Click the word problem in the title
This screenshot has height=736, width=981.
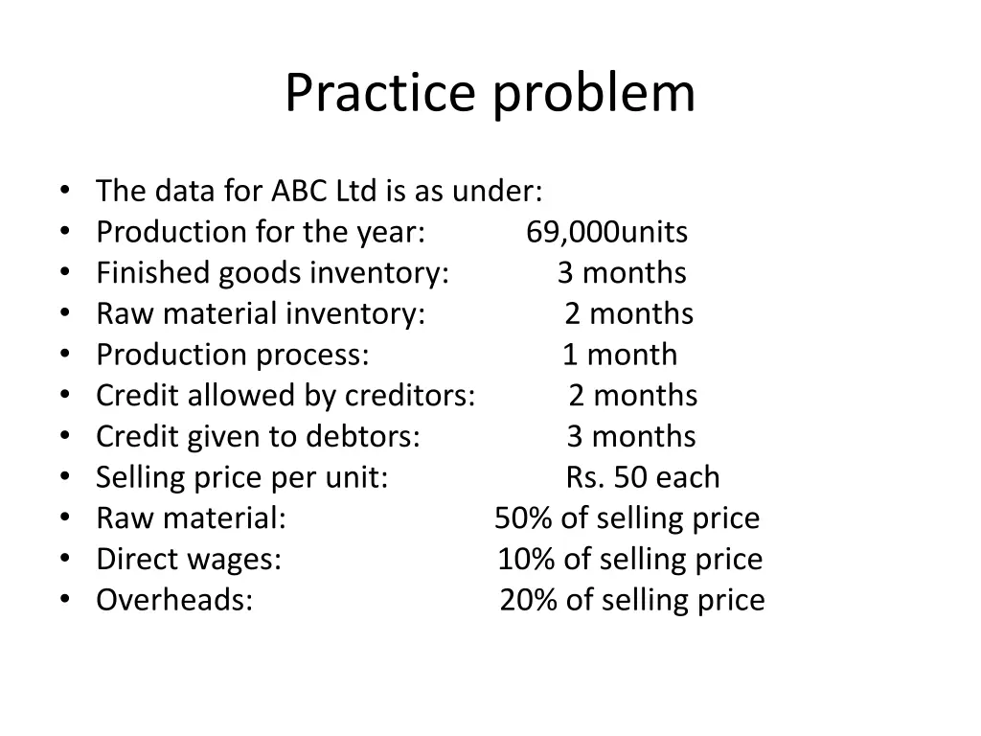595,95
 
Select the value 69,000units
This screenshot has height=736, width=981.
606,233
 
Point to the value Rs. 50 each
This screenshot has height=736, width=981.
642,477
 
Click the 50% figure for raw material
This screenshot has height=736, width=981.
523,518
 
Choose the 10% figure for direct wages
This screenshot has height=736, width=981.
526,560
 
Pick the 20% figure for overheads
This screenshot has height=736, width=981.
528,601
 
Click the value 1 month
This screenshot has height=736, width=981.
619,356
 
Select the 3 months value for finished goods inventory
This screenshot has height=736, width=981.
622,273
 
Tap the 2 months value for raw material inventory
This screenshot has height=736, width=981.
628,314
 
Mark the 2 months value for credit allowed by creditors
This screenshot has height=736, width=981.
633,396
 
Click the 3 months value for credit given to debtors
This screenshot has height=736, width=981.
631,437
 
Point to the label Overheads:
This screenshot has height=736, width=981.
174,601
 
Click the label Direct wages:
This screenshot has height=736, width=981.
189,560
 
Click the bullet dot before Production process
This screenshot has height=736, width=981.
64,355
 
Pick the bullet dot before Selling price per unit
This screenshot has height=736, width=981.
64,477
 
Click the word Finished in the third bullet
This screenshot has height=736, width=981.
153,273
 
